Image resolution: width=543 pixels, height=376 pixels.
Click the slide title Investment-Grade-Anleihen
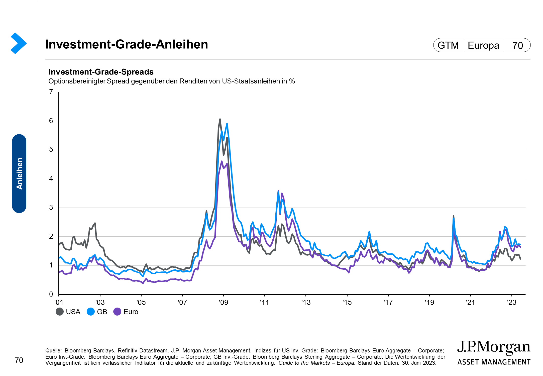[127, 44]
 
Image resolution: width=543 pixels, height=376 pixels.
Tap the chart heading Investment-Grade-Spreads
[101, 72]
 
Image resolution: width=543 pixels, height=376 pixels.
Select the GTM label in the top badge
[448, 45]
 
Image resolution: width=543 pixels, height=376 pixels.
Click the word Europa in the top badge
[483, 45]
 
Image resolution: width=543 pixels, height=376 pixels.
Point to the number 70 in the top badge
[517, 45]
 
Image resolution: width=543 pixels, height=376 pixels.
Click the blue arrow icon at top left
[19, 43]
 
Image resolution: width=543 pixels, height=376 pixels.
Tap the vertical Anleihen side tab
[19, 173]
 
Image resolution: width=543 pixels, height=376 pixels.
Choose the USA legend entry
[68, 312]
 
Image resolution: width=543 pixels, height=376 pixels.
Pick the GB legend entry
[97, 312]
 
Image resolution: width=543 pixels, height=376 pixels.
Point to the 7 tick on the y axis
[51, 92]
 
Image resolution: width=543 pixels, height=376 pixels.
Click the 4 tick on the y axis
[51, 179]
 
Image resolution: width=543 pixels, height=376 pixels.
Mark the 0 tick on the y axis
[51, 294]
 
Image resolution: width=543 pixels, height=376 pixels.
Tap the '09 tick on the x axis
[223, 302]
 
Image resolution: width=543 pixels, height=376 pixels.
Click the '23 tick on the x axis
[511, 302]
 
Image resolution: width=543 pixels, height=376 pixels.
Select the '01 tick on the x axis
[59, 302]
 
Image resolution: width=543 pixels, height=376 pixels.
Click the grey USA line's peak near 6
[220, 119]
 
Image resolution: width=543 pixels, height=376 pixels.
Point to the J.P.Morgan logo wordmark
[494, 347]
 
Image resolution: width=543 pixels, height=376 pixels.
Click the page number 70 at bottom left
[19, 360]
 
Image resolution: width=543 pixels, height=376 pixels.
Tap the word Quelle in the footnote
[53, 350]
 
